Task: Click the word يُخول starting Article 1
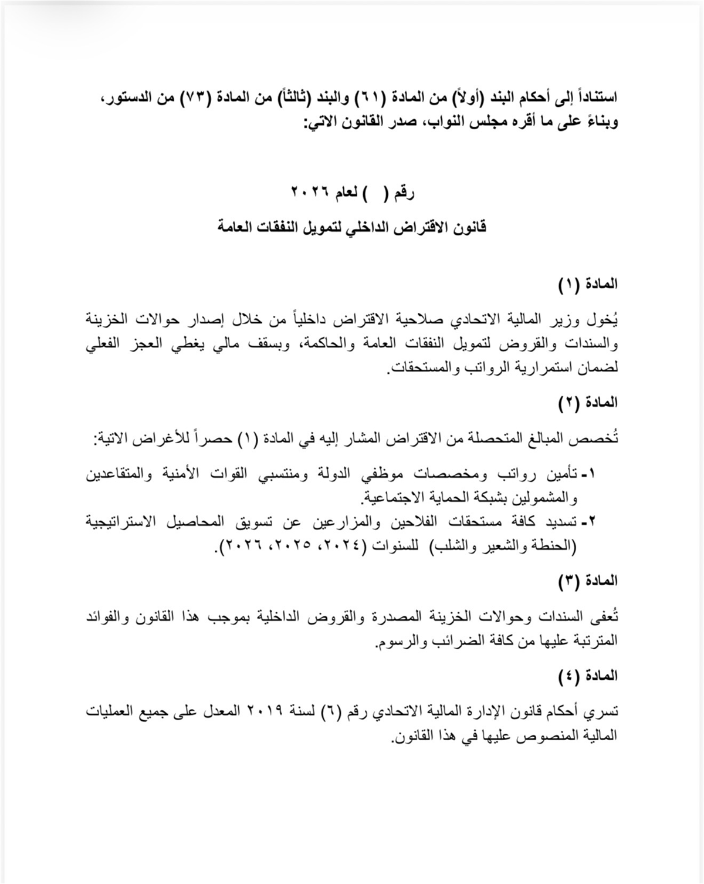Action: click(x=606, y=321)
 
